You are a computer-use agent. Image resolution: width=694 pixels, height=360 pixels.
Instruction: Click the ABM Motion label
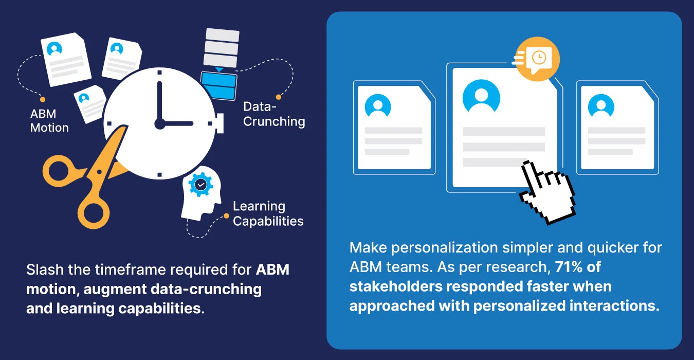[49, 121]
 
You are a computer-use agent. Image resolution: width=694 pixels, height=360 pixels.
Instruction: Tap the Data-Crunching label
[274, 114]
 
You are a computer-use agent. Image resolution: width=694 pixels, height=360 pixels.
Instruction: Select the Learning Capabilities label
[268, 214]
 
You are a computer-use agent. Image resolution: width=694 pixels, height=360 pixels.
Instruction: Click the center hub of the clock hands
[159, 123]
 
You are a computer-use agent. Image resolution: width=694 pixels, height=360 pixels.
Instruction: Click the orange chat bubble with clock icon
[537, 58]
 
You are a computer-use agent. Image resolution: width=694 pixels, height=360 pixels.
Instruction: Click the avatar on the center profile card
[481, 96]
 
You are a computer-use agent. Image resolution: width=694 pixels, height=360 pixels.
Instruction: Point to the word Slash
[42, 270]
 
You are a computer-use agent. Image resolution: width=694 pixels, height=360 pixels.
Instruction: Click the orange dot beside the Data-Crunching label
[279, 97]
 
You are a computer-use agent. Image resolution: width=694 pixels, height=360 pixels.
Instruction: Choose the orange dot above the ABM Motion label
[43, 99]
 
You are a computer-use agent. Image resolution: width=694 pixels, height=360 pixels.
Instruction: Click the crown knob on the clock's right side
[220, 123]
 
